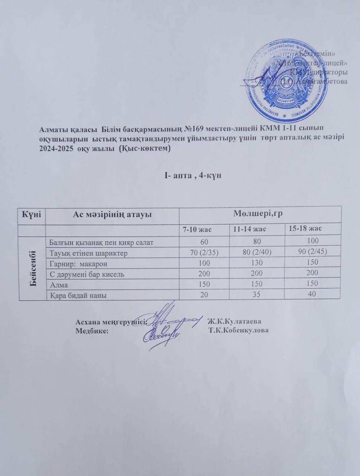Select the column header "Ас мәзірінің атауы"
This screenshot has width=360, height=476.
(112, 215)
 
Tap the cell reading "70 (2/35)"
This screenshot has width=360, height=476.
(204, 253)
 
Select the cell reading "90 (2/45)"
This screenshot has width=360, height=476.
(312, 253)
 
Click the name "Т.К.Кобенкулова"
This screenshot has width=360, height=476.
(239, 330)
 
